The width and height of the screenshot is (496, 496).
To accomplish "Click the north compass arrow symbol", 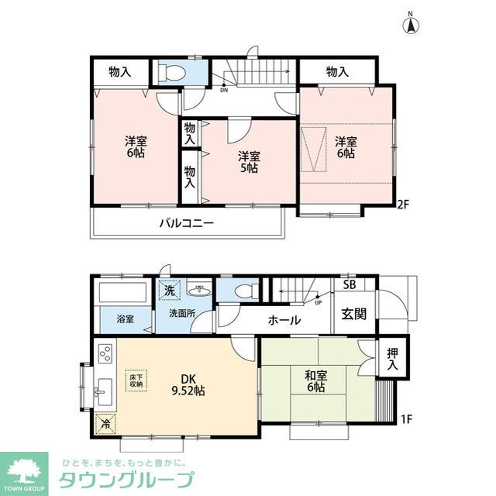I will click(410, 24).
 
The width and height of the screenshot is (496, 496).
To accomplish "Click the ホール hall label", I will click(284, 320).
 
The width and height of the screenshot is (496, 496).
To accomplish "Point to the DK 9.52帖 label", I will click(188, 384).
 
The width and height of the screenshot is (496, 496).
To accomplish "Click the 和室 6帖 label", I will click(315, 381).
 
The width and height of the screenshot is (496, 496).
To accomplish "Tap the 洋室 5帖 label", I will click(248, 161).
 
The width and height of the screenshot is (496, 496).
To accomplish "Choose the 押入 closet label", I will click(392, 359).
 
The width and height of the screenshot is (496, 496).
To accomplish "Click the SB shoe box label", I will click(350, 285).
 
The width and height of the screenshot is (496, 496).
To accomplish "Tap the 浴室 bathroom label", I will click(125, 319).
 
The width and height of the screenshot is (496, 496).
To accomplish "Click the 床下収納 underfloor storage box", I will click(136, 380).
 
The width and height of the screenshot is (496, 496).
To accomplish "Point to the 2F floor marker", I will click(402, 205).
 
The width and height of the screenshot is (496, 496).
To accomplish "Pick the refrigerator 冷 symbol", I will click(105, 423).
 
